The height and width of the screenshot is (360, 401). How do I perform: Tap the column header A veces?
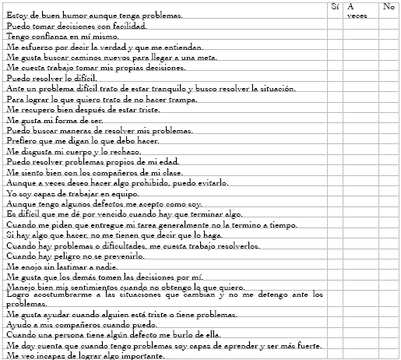pyautogui.click(x=357, y=10)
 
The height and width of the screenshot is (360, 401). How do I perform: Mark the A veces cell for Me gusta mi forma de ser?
pyautogui.click(x=361, y=121)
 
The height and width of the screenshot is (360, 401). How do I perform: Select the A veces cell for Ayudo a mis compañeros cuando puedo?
pyautogui.click(x=361, y=323)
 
